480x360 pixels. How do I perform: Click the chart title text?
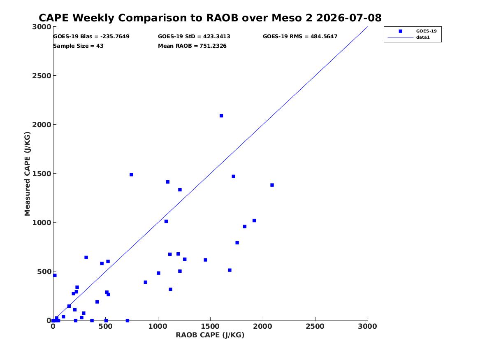(210, 18)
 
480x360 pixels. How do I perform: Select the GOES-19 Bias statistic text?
(91, 37)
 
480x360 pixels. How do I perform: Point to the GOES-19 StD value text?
(194, 37)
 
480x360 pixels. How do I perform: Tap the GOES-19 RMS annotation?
(300, 37)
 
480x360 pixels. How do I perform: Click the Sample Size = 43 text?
(79, 46)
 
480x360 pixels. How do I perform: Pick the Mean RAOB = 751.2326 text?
(192, 46)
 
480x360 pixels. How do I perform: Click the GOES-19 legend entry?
(417, 31)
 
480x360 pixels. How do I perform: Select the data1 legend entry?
(409, 37)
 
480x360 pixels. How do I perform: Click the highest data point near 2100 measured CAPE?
(221, 116)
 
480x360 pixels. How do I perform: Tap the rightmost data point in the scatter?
(272, 185)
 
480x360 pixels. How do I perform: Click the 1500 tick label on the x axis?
(210, 327)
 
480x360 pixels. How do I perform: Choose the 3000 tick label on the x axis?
(368, 327)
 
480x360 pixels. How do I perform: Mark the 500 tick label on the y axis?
(44, 272)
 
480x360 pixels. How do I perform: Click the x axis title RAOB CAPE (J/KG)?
(210, 335)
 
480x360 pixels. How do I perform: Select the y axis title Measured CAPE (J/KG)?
(27, 174)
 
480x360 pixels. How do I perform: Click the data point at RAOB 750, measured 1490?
(131, 174)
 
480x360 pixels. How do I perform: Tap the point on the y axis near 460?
(55, 276)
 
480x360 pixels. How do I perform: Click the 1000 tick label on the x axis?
(158, 327)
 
